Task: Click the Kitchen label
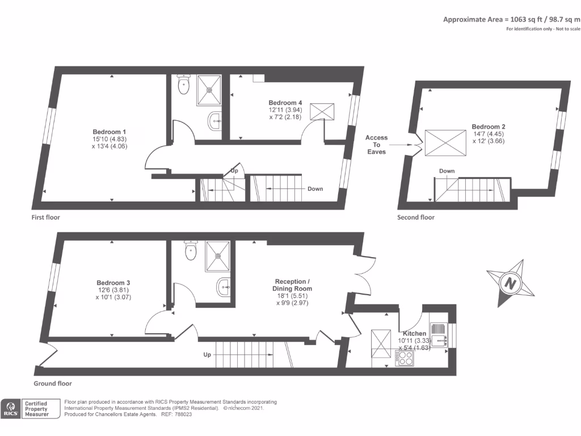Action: pos(414,333)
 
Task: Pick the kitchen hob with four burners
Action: pos(406,358)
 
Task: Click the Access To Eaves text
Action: pos(376,145)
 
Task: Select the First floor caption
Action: pos(46,217)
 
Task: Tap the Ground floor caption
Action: pos(49,384)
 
